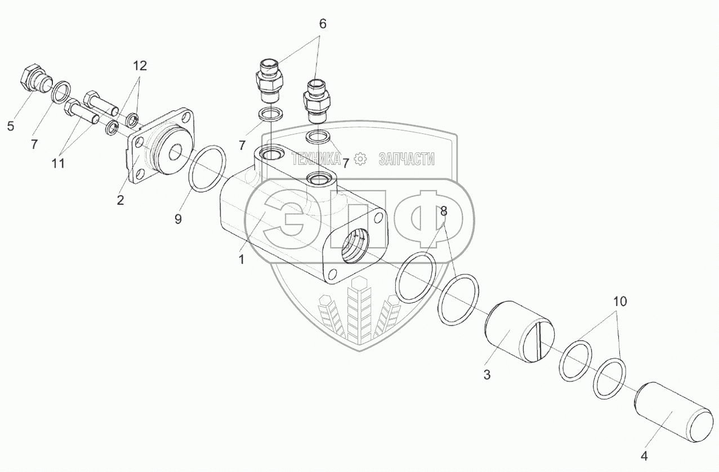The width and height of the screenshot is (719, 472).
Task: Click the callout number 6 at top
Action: tap(322, 24)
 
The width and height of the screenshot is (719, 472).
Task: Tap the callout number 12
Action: tap(140, 66)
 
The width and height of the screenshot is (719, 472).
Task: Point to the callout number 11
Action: tap(59, 163)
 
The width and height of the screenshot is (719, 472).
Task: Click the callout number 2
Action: tap(120, 199)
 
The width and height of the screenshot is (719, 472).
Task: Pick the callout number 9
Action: tap(178, 219)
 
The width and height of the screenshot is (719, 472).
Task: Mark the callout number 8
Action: tap(444, 212)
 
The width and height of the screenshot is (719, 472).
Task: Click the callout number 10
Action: tap(619, 301)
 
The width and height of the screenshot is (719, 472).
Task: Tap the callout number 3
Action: tap(488, 374)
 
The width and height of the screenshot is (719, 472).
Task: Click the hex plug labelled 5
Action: tap(34, 80)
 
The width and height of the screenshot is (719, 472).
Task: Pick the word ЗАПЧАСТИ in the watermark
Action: tap(407, 159)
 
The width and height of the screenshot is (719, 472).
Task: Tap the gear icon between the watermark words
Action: tap(361, 159)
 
